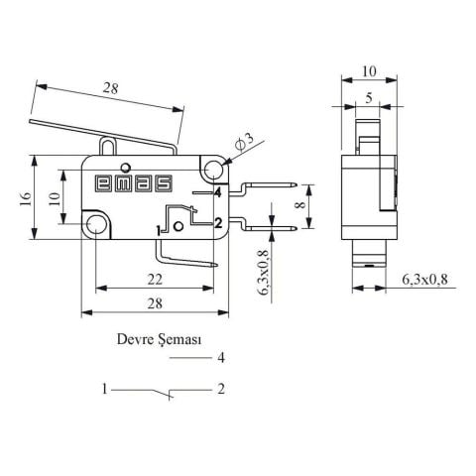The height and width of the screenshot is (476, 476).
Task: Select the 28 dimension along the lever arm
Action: point(110,90)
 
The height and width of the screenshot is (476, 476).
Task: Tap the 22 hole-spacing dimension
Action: point(156,281)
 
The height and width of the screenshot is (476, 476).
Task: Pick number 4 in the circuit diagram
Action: point(221,358)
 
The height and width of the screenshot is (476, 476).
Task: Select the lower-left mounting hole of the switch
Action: point(96,225)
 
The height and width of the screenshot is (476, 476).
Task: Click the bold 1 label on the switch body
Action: point(160,230)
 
